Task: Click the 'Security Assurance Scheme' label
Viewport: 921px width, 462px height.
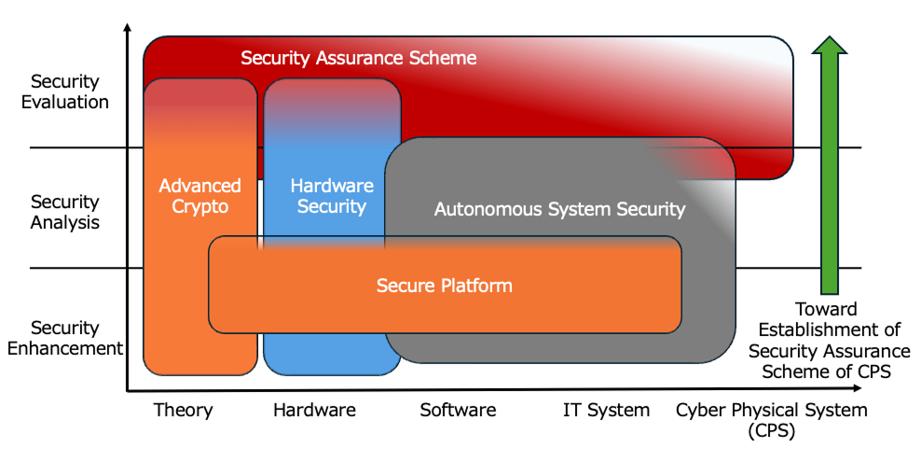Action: [x=359, y=58]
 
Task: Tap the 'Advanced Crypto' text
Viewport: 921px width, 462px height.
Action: [x=199, y=196]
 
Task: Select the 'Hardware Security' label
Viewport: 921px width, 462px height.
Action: [x=331, y=196]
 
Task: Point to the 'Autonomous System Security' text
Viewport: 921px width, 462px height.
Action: [x=559, y=209]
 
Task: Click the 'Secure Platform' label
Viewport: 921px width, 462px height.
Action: [x=445, y=286]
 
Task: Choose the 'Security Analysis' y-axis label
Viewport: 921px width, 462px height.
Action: [x=64, y=212]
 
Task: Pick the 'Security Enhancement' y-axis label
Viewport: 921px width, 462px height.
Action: [x=64, y=338]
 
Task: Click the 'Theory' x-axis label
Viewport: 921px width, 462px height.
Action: [x=183, y=410]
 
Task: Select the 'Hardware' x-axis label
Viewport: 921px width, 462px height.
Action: [x=314, y=410]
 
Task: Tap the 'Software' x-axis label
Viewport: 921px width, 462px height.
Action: [x=458, y=410]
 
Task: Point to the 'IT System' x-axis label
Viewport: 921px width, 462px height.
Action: [x=606, y=410]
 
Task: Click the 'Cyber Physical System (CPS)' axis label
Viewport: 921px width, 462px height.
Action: [x=771, y=419]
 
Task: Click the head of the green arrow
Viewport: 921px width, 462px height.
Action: [x=829, y=45]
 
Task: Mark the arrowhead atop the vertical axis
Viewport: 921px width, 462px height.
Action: [x=127, y=28]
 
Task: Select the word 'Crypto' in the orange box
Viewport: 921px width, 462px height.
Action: [x=199, y=206]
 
